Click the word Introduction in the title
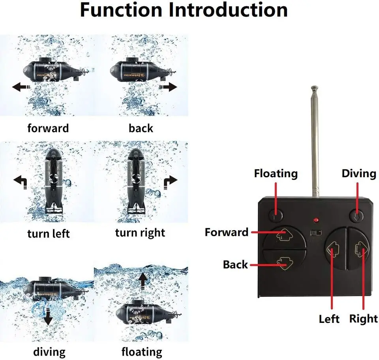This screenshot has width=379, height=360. pos(229,10)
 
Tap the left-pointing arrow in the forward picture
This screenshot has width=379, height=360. pos(21,87)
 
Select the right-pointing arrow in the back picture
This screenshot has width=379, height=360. pos(168,87)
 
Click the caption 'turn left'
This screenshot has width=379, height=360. pos(49,233)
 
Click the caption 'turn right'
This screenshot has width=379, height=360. pos(140,232)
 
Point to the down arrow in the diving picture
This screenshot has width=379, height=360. pos(48,315)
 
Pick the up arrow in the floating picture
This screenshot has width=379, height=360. pos(143,282)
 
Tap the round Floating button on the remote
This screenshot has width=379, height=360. pos(276,215)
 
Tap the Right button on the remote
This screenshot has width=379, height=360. pos(360,249)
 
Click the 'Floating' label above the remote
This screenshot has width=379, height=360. pos(276,174)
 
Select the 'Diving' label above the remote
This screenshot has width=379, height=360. pos(358,174)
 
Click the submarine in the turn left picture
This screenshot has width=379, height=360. pos(55,181)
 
